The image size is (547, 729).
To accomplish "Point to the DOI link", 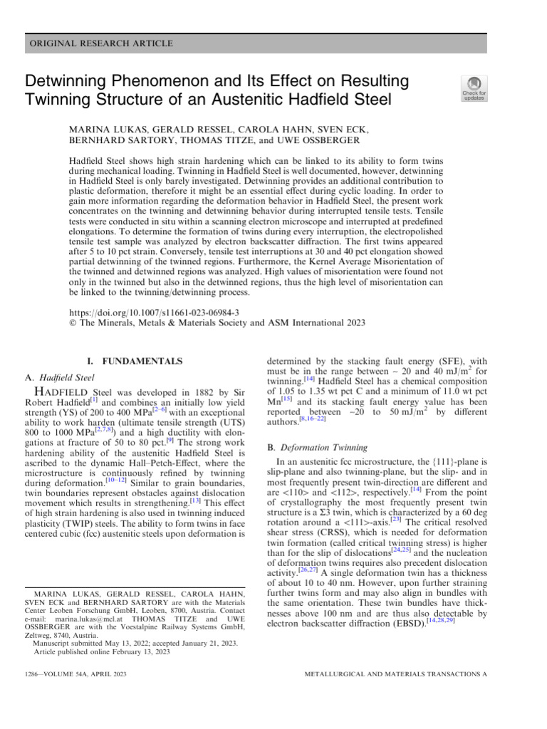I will (154, 312).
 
